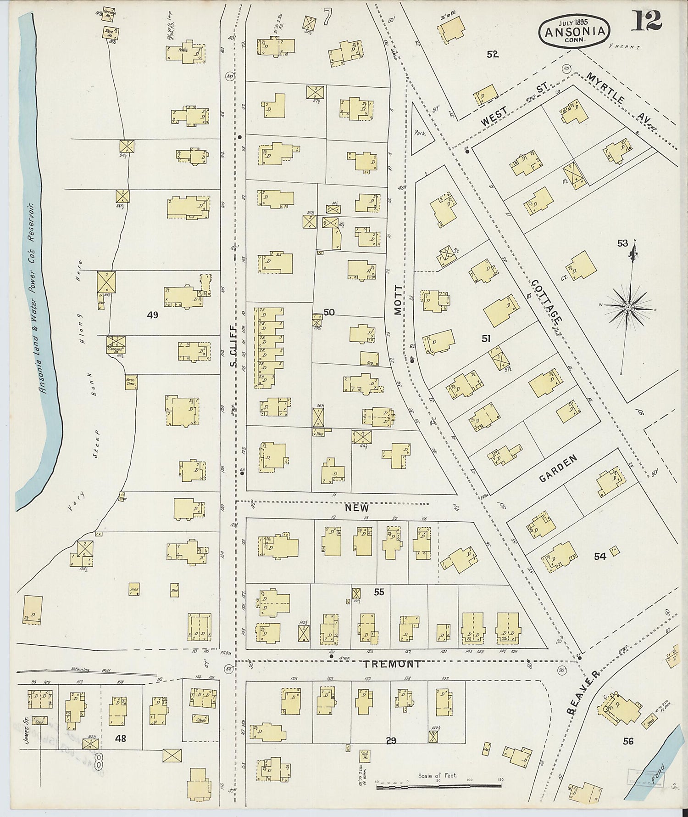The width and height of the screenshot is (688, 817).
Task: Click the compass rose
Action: [x=628, y=306]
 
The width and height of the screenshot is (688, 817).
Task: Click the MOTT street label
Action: [x=398, y=300]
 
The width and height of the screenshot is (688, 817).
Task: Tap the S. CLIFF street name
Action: [x=233, y=345]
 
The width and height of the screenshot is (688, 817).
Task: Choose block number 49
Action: [x=152, y=315]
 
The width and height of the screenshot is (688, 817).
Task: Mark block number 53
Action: [x=622, y=243]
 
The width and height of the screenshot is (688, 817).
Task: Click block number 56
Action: [x=627, y=741]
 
